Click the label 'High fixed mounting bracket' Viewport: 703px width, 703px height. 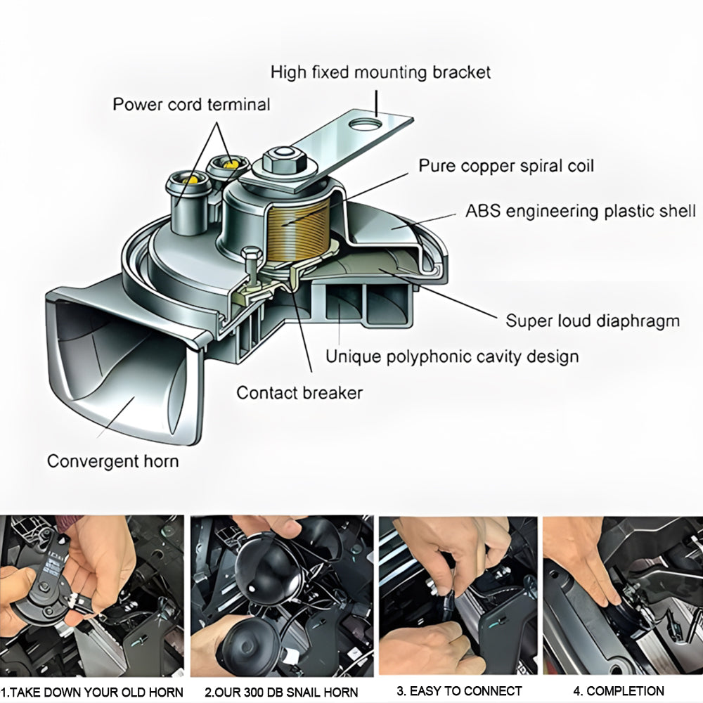380,72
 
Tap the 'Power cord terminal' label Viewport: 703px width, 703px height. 191,105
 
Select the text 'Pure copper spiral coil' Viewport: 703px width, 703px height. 506,166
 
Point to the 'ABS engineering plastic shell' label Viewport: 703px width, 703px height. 580,211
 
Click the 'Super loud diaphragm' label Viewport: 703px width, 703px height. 593,321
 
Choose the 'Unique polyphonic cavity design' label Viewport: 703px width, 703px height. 452,356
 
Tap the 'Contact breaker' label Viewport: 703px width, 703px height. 299,392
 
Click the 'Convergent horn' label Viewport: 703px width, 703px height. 112,461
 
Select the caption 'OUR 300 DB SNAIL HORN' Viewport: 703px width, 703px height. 281,692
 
